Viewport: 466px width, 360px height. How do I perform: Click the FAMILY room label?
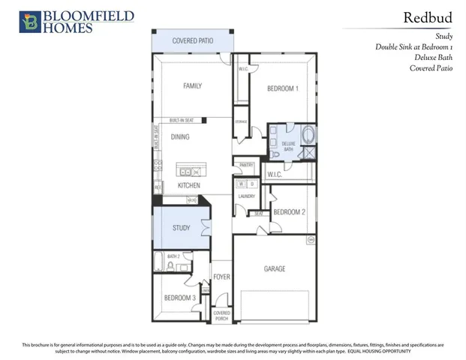[193, 86]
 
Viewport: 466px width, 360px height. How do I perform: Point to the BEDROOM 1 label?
[283, 88]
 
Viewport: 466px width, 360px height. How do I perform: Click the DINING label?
[180, 137]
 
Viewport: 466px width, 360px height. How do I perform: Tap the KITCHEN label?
[188, 184]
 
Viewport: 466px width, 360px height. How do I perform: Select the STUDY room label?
[180, 227]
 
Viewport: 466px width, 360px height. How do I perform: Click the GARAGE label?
[275, 268]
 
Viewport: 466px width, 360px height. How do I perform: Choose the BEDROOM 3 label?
[179, 298]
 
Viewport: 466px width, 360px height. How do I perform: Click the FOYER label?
[221, 277]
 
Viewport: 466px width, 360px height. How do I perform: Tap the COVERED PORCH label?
[221, 315]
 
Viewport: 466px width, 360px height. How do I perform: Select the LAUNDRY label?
[247, 196]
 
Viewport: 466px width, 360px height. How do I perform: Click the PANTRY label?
[246, 164]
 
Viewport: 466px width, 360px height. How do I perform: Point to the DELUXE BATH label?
[288, 145]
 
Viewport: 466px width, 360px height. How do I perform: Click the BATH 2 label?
[173, 256]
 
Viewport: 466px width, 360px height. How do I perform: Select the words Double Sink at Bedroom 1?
[414, 46]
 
